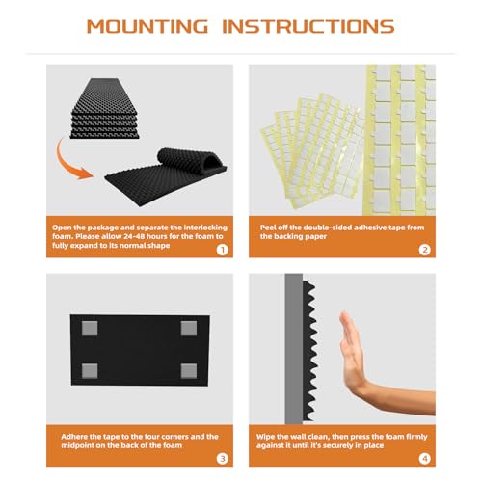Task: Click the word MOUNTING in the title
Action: (x=147, y=26)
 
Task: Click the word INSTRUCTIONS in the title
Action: (x=308, y=26)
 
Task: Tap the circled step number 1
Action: (x=222, y=250)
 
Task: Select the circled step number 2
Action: (x=424, y=250)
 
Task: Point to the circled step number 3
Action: (x=222, y=459)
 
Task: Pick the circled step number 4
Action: (x=424, y=459)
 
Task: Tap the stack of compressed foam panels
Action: (x=105, y=108)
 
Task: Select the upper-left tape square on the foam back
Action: (x=90, y=328)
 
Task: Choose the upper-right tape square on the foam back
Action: (x=189, y=328)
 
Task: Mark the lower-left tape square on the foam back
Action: (x=90, y=371)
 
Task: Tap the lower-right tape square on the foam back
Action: (x=189, y=371)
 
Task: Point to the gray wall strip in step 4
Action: (x=294, y=349)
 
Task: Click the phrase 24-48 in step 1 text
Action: (x=135, y=236)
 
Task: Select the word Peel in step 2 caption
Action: (x=268, y=228)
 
